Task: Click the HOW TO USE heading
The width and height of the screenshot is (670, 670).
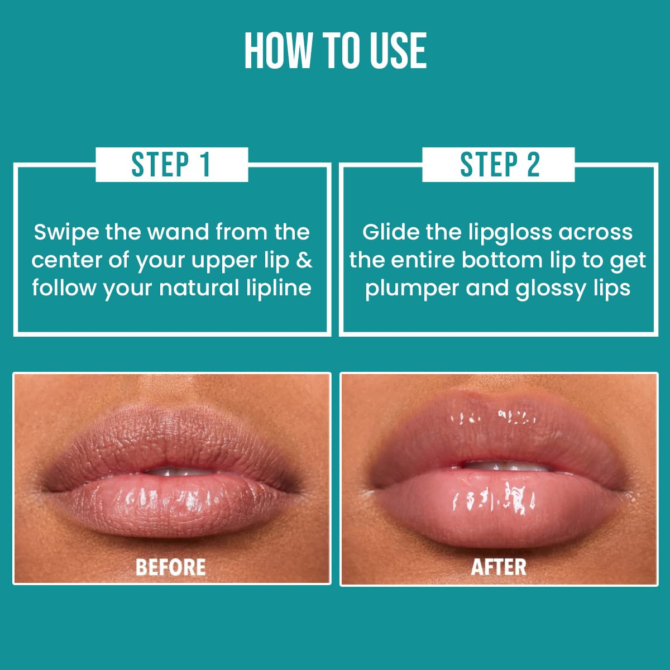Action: pos(336,51)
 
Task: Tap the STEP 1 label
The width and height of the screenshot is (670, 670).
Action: pos(171,165)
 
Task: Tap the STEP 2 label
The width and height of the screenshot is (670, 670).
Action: pos(499,165)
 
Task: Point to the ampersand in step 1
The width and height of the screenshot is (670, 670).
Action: pos(304,260)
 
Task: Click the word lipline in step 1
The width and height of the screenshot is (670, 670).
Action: pos(279,288)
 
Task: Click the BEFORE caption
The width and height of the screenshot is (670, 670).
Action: pos(171,567)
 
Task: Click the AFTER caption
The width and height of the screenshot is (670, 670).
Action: pos(499,567)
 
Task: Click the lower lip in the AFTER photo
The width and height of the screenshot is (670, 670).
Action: pos(497,502)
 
